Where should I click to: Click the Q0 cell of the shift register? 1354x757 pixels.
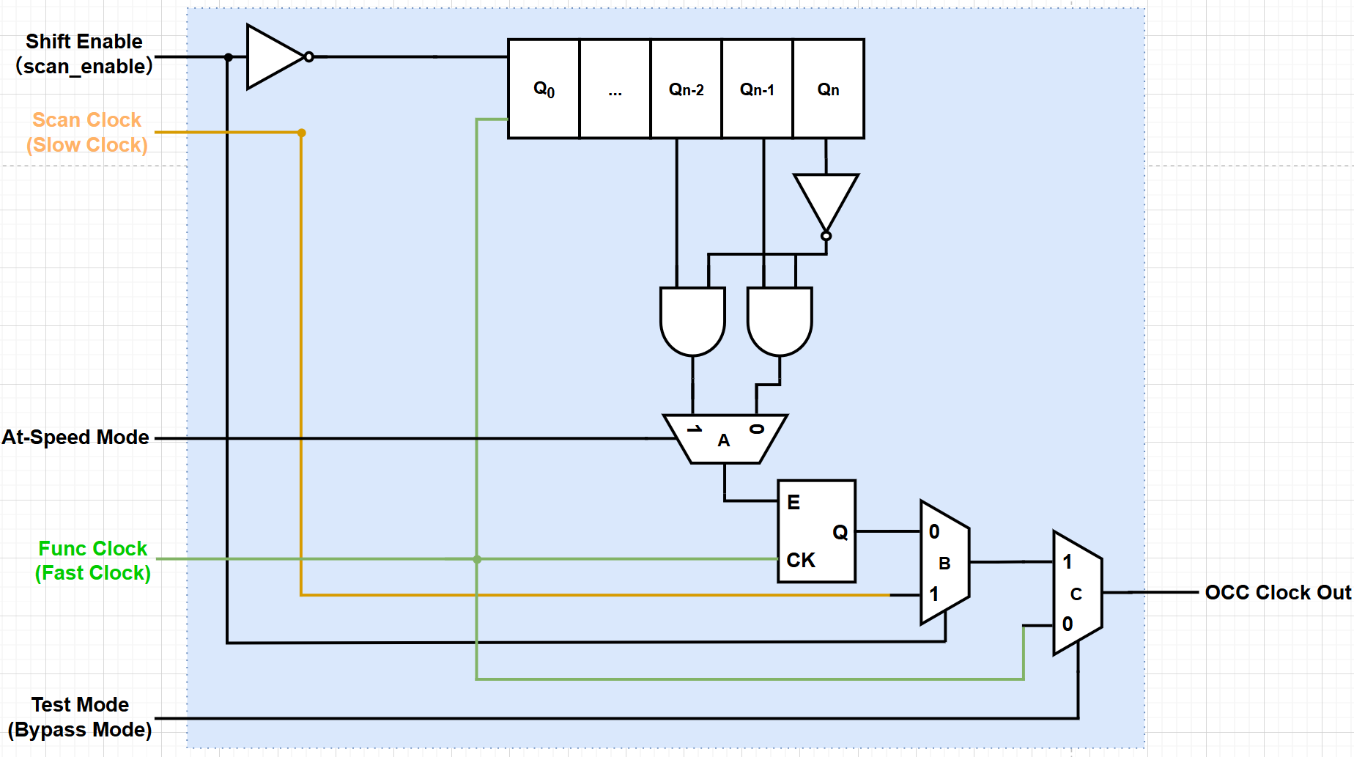coord(544,89)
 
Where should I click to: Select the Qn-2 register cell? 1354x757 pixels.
coord(686,89)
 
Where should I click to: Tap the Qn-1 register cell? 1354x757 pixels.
coord(757,89)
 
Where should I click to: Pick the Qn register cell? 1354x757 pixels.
coord(828,89)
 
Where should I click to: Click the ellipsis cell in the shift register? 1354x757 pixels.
coord(615,89)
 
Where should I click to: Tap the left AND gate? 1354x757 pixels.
coord(692,319)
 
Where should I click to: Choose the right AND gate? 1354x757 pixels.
coord(780,319)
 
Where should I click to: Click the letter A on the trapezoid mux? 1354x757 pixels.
coord(724,440)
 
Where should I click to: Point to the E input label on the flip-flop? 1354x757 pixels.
coord(793,503)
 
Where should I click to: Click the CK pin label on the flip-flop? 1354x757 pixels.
coord(801,561)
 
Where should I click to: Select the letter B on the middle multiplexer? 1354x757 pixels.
coord(944,564)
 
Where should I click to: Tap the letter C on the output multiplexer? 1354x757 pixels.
coord(1076,594)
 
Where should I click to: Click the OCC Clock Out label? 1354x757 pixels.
coord(1277,592)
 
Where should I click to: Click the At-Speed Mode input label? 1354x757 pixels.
coord(75,437)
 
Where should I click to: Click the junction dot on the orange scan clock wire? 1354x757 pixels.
coord(301,133)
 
